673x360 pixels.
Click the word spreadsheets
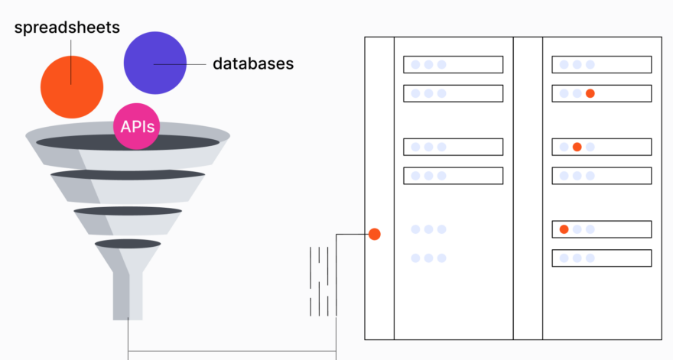(67, 28)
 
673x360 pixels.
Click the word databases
(253, 63)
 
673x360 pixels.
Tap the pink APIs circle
(136, 126)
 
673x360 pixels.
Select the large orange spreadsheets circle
(72, 87)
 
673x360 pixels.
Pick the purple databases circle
(155, 63)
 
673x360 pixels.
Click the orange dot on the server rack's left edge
(374, 235)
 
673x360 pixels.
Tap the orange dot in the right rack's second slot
(590, 93)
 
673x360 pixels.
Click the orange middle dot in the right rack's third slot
(577, 148)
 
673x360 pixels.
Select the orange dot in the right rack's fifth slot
(564, 229)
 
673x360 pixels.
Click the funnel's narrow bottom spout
(128, 296)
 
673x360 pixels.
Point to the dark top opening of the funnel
(128, 142)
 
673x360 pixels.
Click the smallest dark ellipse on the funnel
(128, 244)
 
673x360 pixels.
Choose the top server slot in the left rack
(454, 64)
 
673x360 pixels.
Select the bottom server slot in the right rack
(602, 258)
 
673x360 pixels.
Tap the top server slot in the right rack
(602, 64)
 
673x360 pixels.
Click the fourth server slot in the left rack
(454, 176)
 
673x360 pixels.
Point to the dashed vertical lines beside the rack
(319, 281)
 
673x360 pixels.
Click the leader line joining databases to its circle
(180, 64)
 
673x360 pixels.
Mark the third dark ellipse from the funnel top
(128, 211)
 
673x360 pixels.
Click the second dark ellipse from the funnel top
(128, 174)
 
